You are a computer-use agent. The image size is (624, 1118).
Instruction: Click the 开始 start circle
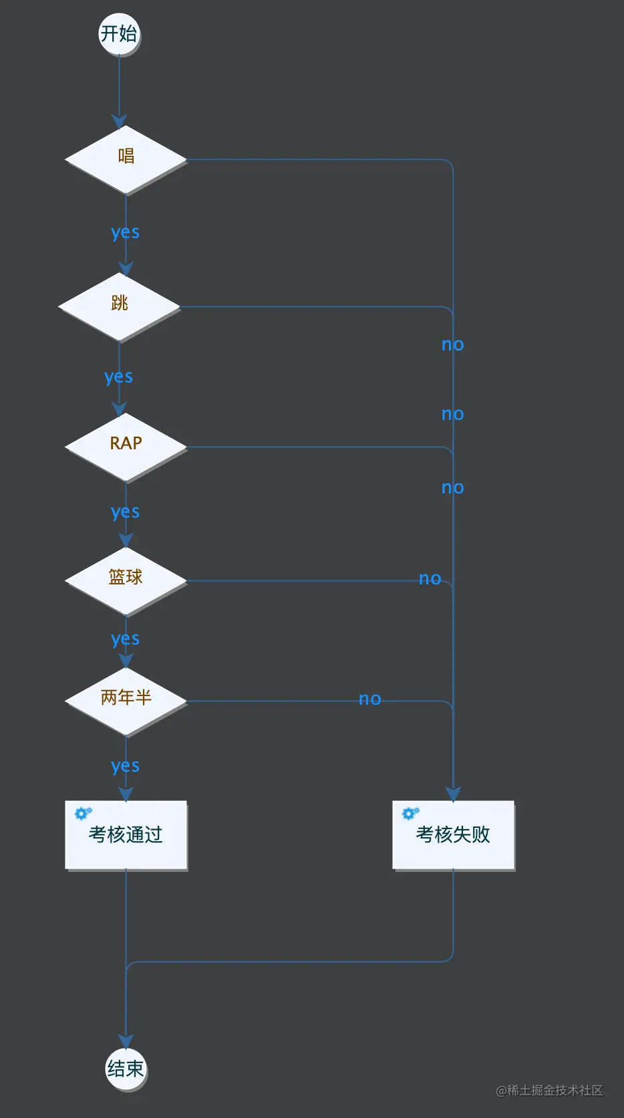(x=119, y=33)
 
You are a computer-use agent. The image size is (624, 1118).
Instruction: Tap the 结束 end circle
(x=126, y=1069)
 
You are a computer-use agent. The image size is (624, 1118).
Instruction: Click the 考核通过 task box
(x=126, y=834)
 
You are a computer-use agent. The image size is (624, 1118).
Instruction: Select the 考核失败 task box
(x=453, y=834)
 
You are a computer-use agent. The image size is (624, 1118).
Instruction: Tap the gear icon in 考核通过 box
(x=83, y=813)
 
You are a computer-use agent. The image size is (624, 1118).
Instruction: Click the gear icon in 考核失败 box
(x=410, y=813)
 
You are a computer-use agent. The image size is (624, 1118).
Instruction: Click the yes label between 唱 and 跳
(x=125, y=233)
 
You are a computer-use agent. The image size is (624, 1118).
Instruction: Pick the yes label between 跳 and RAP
(x=118, y=377)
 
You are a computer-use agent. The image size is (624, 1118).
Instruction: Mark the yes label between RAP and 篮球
(x=125, y=512)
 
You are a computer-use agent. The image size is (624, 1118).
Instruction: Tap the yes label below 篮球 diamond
(x=125, y=639)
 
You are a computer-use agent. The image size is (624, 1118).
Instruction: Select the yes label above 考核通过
(x=125, y=766)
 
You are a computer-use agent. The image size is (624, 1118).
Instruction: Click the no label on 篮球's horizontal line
(x=430, y=579)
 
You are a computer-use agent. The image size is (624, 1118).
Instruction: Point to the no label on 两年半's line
(x=369, y=699)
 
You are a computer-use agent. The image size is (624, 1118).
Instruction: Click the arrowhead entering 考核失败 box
(x=453, y=794)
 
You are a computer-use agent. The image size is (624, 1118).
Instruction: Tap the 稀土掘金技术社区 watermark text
(x=549, y=1091)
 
